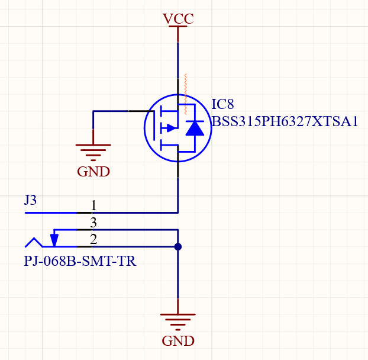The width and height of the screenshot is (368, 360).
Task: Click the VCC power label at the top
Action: coord(178,18)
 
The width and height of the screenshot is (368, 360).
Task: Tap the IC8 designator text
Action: coord(222,105)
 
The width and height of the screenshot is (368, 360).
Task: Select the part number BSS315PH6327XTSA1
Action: coord(285,122)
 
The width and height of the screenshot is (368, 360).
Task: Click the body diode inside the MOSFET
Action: coord(195,128)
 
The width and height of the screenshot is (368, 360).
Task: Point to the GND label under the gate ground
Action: coord(93,172)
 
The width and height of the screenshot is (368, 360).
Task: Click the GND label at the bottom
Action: coord(178,341)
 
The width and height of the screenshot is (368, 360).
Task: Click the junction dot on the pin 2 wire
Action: coord(178,246)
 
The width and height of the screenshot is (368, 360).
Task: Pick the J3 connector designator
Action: coord(30,200)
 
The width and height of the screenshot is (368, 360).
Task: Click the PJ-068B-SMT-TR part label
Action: coord(80,261)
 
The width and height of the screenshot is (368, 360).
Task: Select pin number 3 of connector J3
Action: coord(93,223)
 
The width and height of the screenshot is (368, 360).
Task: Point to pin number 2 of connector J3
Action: coord(93,239)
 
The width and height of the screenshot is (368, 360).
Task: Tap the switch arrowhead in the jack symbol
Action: coord(54,240)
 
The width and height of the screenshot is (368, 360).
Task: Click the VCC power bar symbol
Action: coord(178,28)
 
